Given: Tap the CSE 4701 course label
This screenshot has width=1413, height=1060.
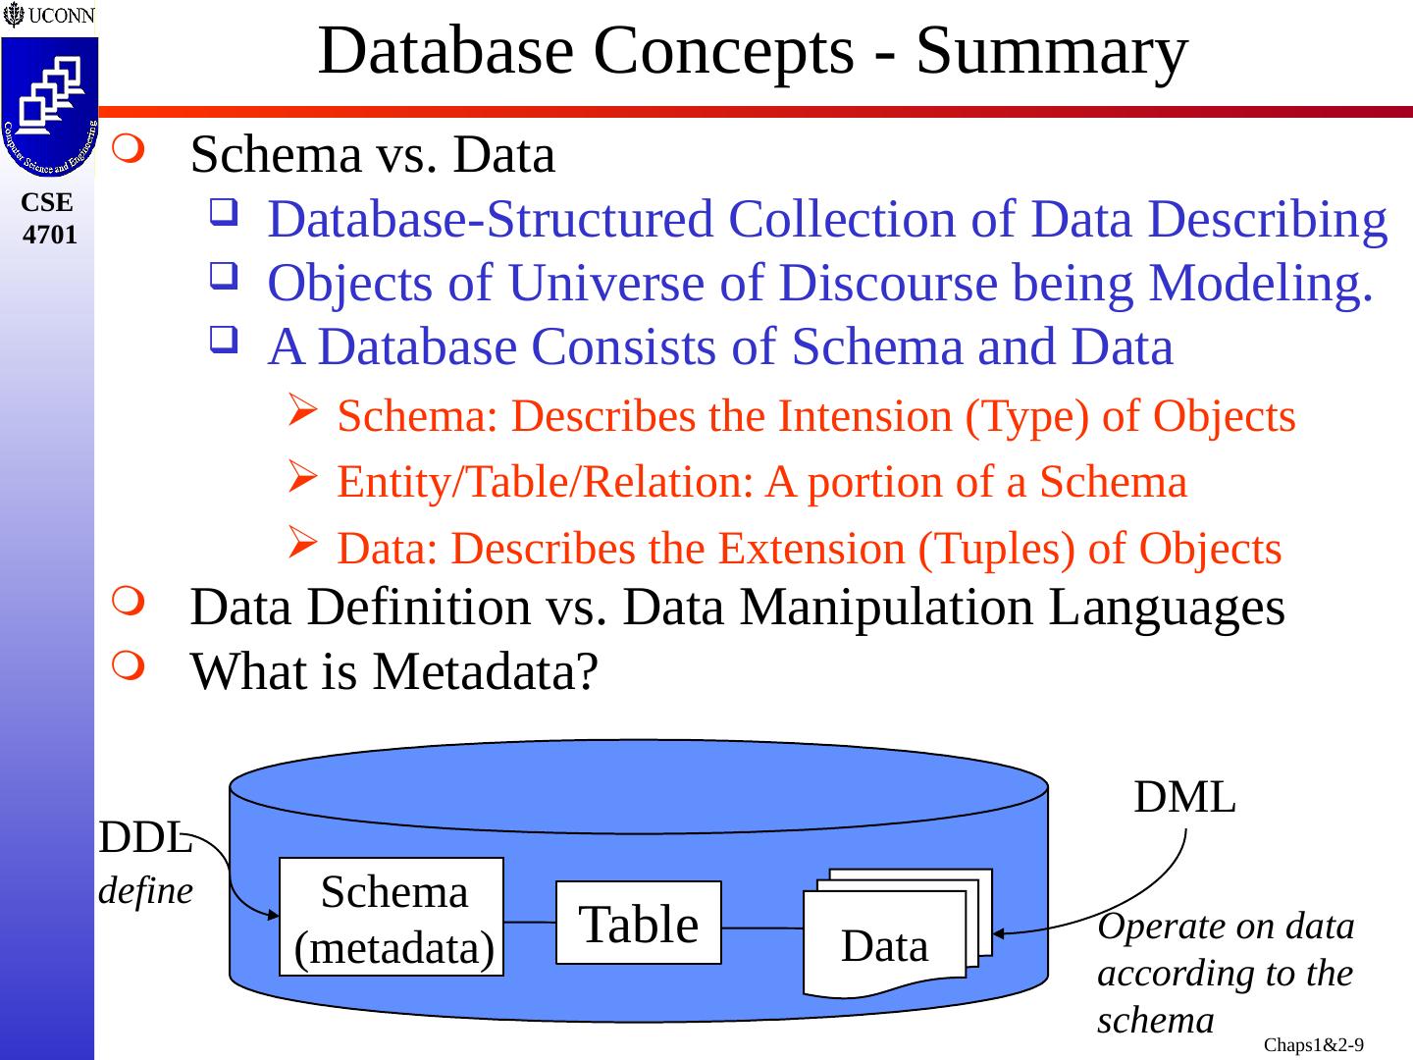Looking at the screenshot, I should (x=48, y=218).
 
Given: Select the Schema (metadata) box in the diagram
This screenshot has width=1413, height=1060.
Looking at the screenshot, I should (x=392, y=918).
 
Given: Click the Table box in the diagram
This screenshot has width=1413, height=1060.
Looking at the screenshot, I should (x=639, y=924).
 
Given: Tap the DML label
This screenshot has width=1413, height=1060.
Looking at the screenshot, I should (x=1184, y=798).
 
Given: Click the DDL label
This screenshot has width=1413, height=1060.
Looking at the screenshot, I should (x=143, y=838).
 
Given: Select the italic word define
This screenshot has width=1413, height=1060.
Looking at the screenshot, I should (x=146, y=891).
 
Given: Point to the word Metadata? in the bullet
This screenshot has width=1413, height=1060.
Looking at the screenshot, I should (x=485, y=672).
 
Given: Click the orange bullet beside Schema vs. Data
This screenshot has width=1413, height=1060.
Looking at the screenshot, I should (x=128, y=152).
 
